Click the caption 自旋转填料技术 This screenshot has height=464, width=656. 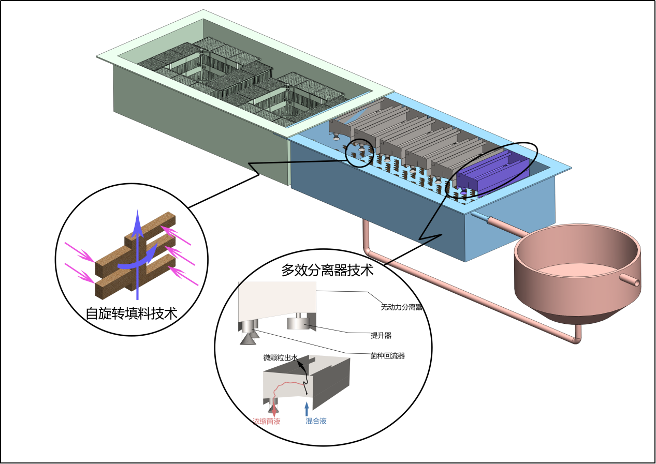131,313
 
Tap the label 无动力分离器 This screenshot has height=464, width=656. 402,307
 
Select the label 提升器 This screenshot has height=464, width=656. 381,336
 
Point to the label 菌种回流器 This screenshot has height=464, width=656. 387,355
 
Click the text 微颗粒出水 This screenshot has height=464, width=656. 281,357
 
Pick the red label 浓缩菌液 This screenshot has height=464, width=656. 266,421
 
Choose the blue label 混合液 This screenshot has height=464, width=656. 316,421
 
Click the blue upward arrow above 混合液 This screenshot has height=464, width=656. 307,408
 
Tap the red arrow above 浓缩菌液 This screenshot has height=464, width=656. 274,407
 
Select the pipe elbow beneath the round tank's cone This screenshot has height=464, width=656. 577,339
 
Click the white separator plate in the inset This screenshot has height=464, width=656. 277,300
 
